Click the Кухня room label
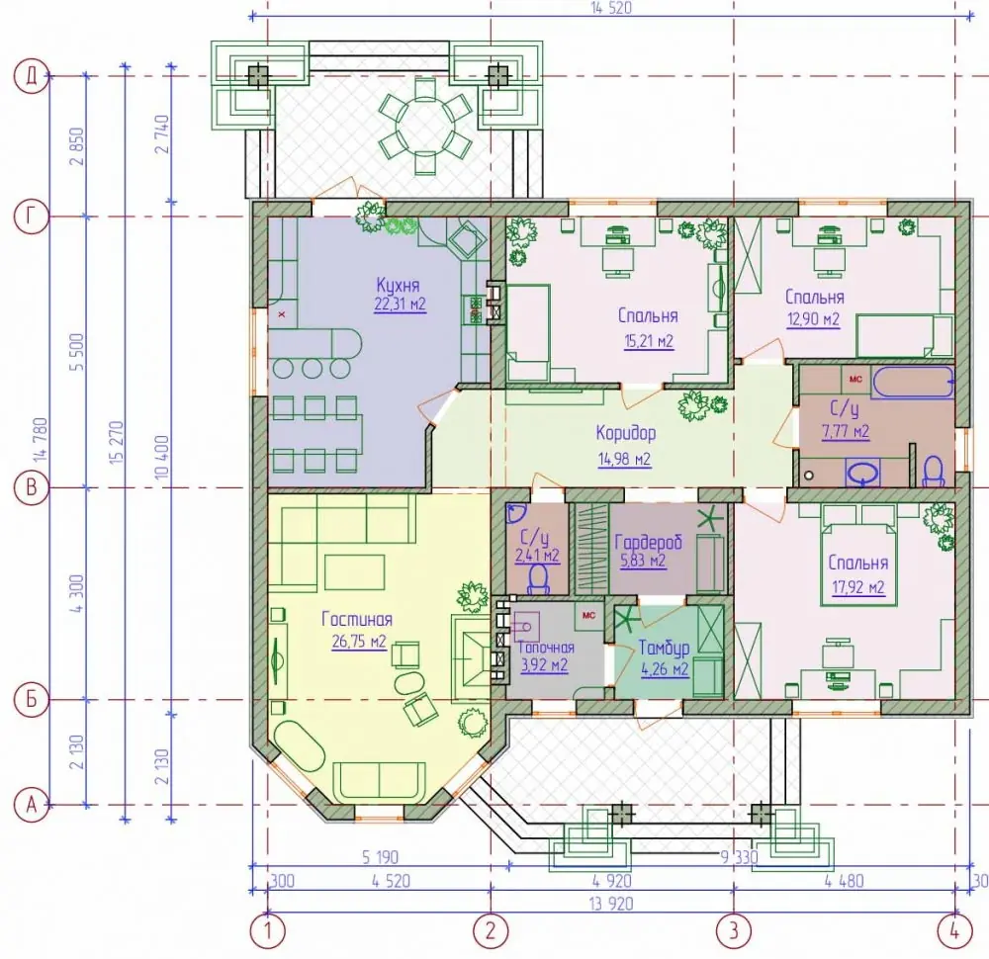398,286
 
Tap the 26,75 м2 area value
359,642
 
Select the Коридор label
626,433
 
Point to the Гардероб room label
649,542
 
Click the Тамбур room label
664,648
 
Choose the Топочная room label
546,648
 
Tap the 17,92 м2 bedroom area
857,587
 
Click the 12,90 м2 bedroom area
813,319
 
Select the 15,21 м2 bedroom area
649,342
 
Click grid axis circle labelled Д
31,76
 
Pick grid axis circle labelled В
31,487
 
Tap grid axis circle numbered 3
733,930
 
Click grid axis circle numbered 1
267,930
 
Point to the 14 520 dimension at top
610,8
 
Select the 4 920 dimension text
611,880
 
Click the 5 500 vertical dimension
78,352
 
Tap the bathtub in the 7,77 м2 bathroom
913,382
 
